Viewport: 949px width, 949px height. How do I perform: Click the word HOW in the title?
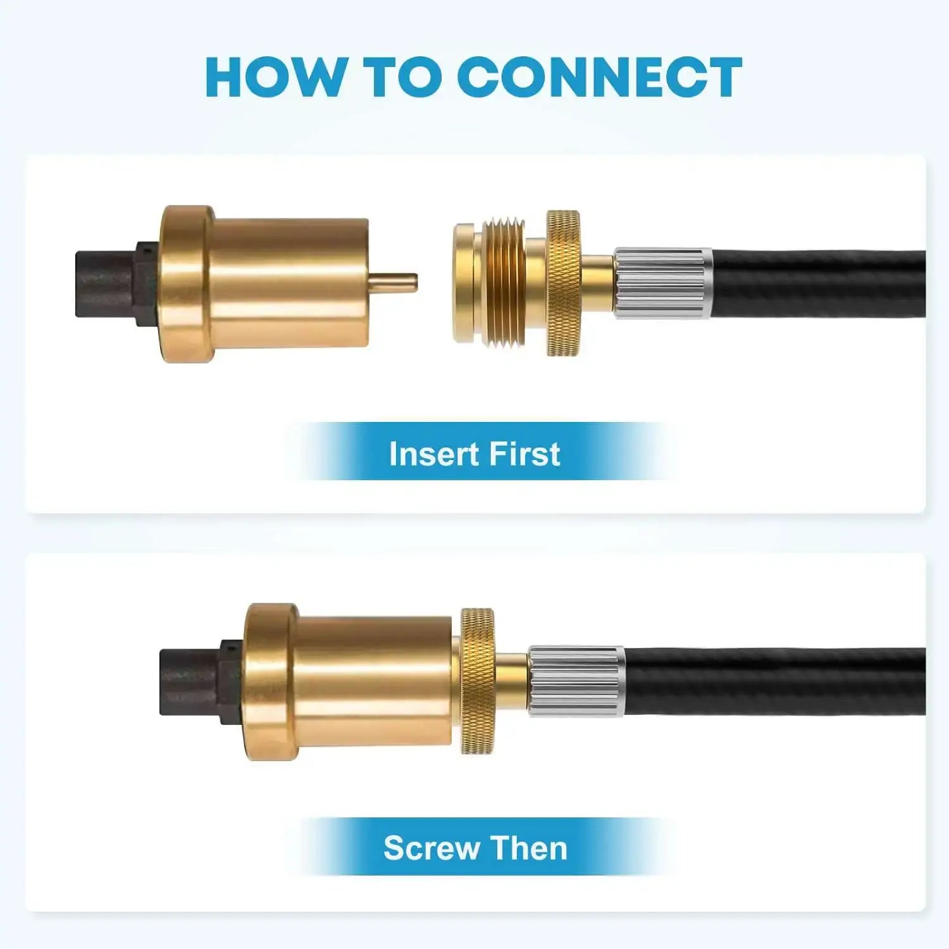(273, 77)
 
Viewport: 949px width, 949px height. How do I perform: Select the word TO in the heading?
(403, 77)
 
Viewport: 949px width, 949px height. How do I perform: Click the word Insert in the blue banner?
(434, 454)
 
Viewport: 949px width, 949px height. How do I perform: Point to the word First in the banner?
(525, 454)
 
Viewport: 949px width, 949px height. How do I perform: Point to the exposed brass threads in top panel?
(504, 283)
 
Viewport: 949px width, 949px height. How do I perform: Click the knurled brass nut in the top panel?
(563, 283)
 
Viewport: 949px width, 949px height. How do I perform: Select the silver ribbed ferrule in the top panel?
(663, 283)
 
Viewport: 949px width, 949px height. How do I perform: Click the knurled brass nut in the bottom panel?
(477, 681)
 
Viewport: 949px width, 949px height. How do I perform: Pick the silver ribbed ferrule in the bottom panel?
(576, 681)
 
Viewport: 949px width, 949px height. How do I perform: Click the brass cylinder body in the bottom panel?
(373, 681)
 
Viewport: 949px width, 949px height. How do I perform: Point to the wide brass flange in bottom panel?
(271, 681)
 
